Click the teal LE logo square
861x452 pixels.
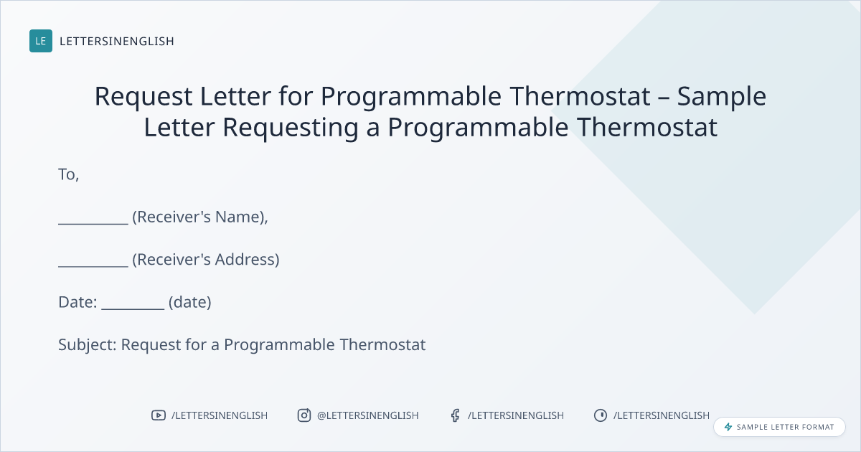41,41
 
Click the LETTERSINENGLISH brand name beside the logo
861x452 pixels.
117,41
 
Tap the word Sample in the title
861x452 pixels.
722,97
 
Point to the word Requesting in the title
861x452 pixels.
291,128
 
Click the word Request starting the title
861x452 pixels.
143,97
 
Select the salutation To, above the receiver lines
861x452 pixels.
68,175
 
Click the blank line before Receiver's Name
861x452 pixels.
93,224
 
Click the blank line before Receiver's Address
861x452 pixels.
93,266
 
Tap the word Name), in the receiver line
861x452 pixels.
241,217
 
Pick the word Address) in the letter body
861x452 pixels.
247,260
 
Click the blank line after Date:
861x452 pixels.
133,309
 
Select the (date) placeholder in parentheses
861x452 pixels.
190,303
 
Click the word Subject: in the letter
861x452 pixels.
88,345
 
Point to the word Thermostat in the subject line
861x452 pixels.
382,345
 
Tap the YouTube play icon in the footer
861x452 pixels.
159,415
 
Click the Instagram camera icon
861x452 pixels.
304,415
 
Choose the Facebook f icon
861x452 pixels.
456,415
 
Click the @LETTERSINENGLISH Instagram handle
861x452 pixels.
368,415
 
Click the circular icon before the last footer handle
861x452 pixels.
601,415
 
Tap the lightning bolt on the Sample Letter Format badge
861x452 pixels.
728,427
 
